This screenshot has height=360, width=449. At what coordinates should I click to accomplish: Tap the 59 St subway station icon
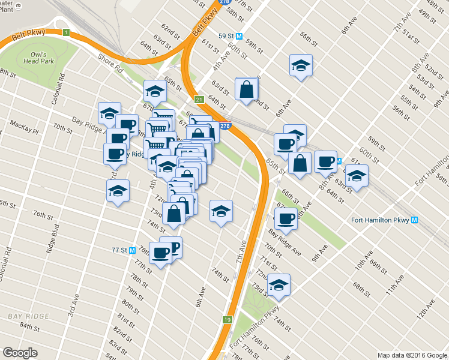coord(239,36)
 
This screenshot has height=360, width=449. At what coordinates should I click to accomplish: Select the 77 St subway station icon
coord(132,250)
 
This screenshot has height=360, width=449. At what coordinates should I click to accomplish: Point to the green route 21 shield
coord(199,99)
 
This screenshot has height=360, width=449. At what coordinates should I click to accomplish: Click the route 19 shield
coord(228,319)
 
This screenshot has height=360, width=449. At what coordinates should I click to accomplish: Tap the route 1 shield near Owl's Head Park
coord(65,31)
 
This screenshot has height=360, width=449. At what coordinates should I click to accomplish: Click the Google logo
coord(20,353)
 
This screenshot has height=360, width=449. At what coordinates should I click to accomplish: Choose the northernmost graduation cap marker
coord(301,65)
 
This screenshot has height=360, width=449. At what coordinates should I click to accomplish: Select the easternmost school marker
coord(357,175)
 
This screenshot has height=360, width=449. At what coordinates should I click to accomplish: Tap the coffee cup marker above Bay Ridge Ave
coord(286,218)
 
